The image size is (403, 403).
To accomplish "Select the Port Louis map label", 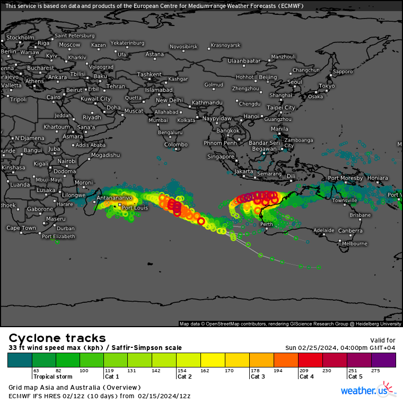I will point(134,208).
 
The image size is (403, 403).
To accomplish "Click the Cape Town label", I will point(21,228).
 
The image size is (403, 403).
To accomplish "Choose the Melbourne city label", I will point(355,243).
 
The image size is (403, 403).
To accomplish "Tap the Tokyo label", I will point(327,86).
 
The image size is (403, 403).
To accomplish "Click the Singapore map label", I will point(221,157).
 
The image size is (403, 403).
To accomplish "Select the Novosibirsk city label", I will point(183,47).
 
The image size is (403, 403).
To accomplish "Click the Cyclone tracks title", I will point(57,338).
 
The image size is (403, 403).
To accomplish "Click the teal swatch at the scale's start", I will point(20,360).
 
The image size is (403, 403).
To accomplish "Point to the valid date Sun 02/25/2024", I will point(314,348).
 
